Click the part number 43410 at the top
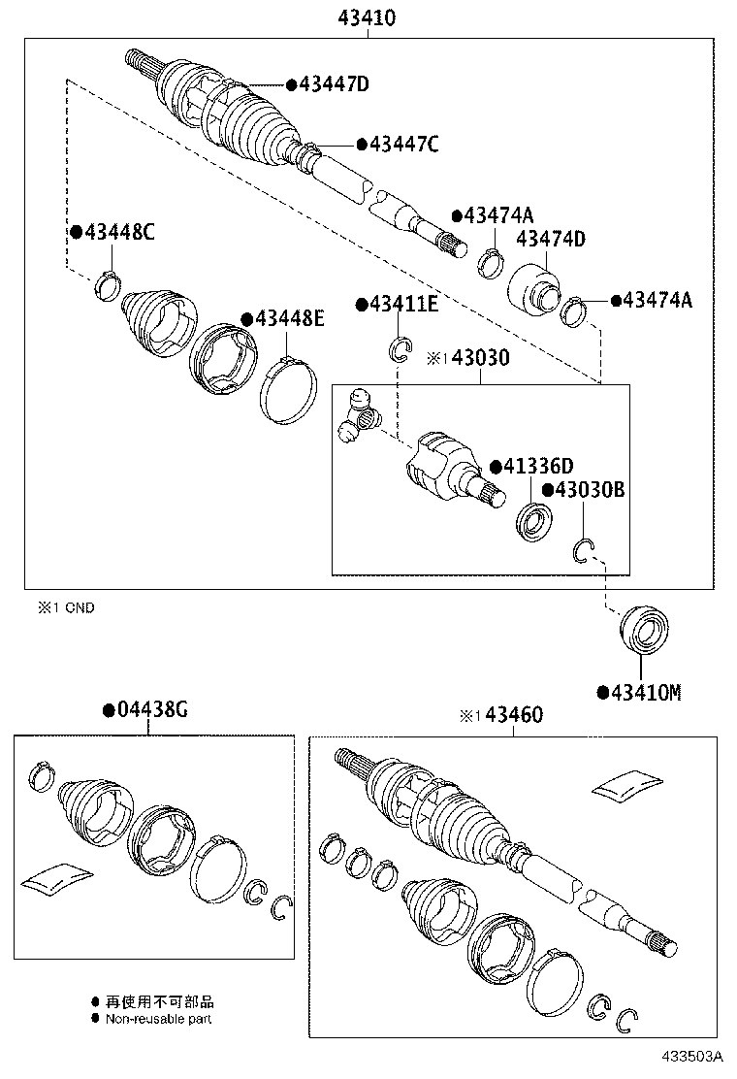click(368, 16)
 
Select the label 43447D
click(334, 84)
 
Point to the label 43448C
click(118, 232)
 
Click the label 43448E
click(289, 318)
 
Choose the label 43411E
click(403, 305)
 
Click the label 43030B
click(589, 490)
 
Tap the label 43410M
click(645, 692)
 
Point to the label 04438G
click(151, 710)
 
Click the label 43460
click(513, 715)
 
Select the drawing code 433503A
click(693, 1056)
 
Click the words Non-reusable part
click(158, 1019)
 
